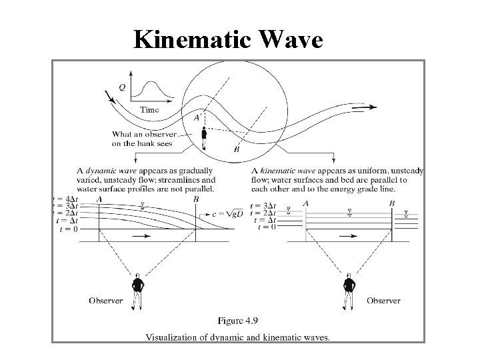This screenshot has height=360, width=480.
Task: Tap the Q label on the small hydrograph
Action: [x=121, y=87]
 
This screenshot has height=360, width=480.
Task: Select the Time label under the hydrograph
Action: [x=149, y=109]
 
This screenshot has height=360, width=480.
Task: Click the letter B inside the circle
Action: [x=237, y=150]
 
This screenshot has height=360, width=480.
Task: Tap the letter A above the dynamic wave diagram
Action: [x=99, y=199]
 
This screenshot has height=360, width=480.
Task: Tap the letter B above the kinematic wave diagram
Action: [x=392, y=203]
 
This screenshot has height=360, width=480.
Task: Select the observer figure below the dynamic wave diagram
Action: [x=137, y=291]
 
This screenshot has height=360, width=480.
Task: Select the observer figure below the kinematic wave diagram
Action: [x=349, y=291]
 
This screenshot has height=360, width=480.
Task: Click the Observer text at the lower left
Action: [x=106, y=301]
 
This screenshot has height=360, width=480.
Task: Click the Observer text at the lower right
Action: [x=383, y=301]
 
